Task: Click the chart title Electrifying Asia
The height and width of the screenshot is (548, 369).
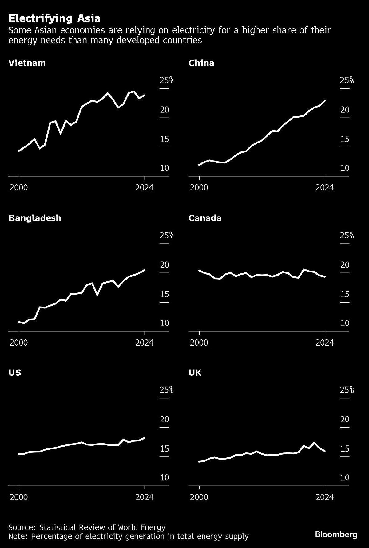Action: [54, 19]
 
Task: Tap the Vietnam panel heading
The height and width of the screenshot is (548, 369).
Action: [27, 63]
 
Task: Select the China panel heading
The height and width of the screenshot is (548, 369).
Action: [201, 63]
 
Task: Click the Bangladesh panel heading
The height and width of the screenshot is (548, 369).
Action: [35, 218]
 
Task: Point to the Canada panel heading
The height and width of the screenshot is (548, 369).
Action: [205, 218]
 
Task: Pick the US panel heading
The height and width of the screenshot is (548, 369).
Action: [15, 373]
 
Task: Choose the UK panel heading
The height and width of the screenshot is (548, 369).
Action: [195, 373]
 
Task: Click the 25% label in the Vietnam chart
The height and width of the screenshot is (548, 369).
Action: [167, 80]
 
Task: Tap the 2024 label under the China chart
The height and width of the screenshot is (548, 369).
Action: [325, 187]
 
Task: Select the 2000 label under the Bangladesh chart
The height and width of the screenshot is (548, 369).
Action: [19, 342]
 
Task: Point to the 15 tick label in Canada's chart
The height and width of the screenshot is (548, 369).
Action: [345, 294]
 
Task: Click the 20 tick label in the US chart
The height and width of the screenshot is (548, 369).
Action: [165, 419]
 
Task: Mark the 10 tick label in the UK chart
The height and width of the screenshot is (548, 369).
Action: [345, 477]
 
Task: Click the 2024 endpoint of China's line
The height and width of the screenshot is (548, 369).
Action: [325, 101]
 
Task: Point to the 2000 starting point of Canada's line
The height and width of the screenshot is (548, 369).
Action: [199, 270]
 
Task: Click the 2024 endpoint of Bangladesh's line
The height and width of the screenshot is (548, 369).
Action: [145, 270]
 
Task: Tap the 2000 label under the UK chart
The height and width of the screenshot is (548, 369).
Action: [199, 497]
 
